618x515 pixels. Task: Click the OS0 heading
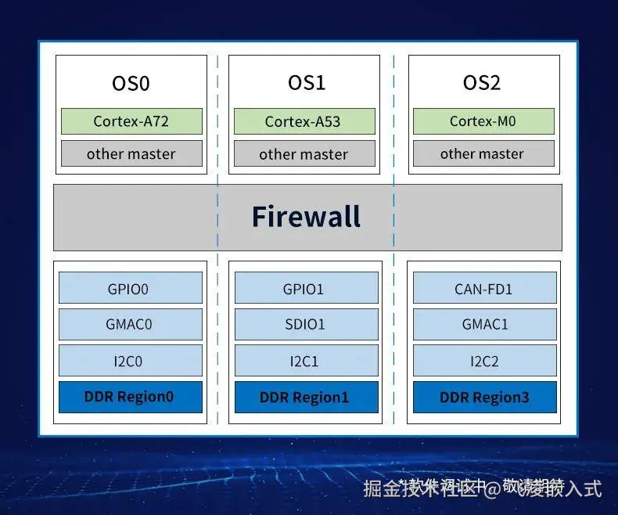pos(131,83)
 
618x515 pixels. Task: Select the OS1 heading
pos(306,83)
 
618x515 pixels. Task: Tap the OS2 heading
pos(482,83)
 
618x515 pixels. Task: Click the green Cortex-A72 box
pos(131,121)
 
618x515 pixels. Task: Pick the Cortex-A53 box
pos(304,121)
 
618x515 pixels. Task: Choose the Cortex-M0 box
pos(483,121)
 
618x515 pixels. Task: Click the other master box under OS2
pos(483,153)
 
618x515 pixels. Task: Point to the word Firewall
pos(306,217)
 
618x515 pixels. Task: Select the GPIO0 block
pos(130,288)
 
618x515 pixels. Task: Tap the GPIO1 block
pos(304,288)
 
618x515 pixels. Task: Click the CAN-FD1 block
pos(484,288)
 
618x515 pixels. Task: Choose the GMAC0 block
pos(130,324)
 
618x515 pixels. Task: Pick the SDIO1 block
pos(304,324)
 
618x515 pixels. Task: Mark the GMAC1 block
pos(484,324)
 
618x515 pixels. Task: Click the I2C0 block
pos(130,361)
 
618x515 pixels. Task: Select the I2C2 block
pos(484,361)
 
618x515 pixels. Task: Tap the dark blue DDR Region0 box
pos(130,397)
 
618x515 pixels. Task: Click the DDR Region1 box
pos(304,397)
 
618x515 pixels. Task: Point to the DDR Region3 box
pos(484,397)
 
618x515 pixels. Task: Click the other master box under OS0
pos(131,153)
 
